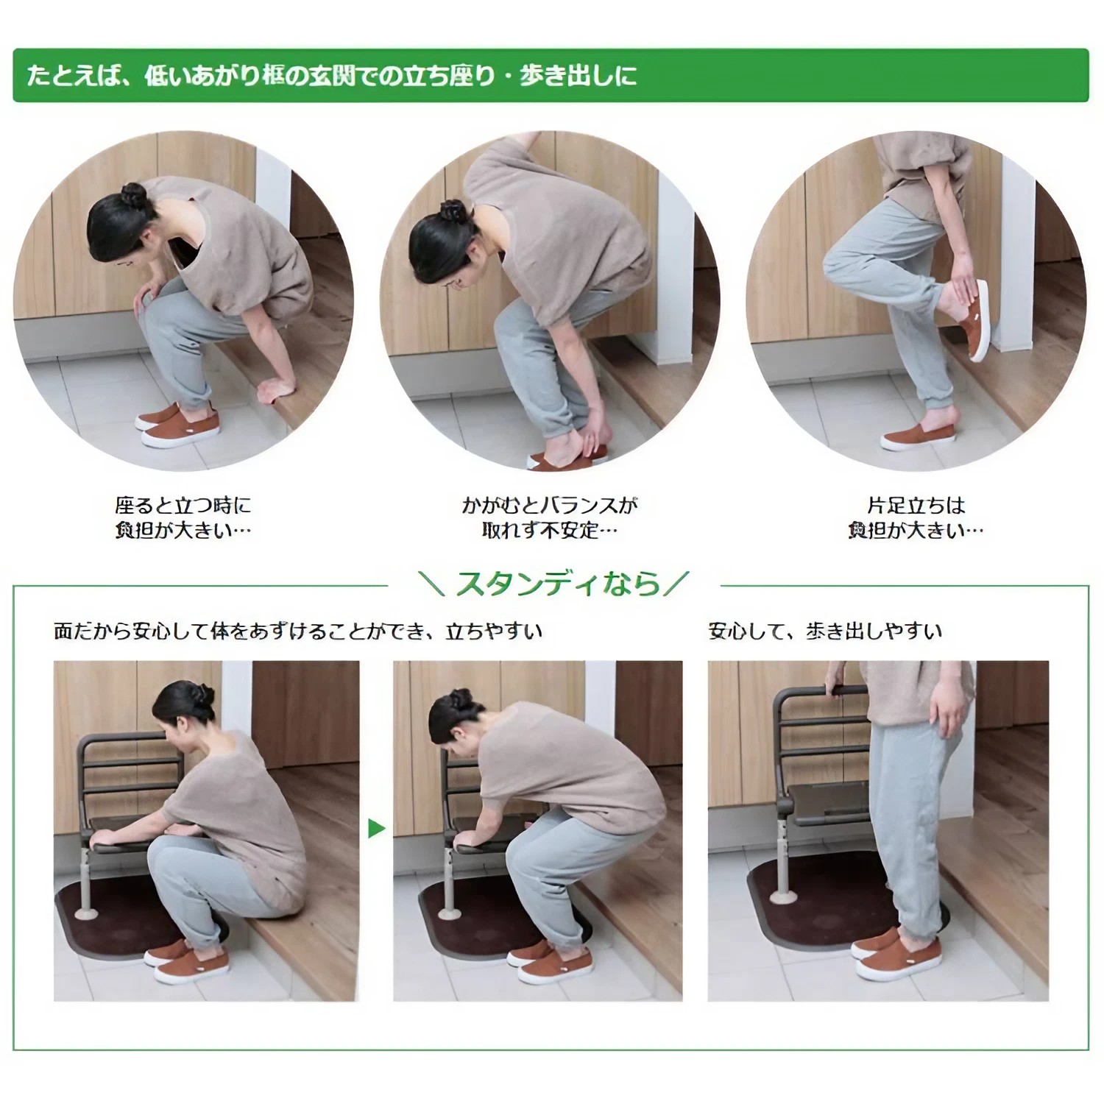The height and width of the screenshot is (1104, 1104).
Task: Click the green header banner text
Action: tap(331, 76)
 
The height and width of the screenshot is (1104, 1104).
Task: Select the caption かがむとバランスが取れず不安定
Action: tap(549, 517)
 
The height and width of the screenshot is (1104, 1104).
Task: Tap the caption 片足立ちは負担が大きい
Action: tap(916, 517)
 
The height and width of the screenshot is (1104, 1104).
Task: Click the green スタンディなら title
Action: tap(557, 584)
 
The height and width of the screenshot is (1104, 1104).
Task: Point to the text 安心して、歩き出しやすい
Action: tap(824, 631)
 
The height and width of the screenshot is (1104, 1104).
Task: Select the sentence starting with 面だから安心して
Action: tap(298, 631)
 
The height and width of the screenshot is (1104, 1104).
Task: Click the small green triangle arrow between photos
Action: tap(376, 829)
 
